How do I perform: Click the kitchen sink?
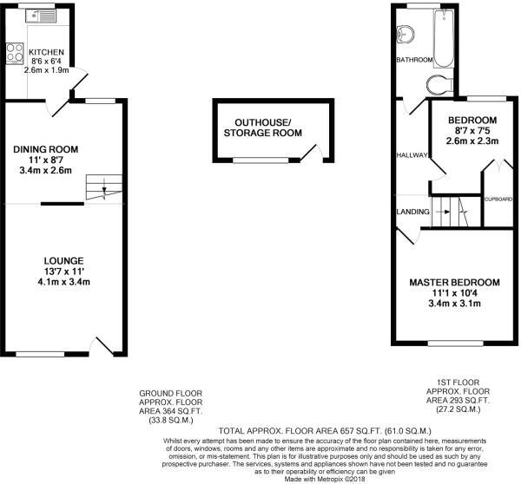(x=41, y=16)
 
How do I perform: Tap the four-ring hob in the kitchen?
(x=15, y=53)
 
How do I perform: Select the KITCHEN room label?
(x=46, y=52)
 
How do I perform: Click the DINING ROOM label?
(x=46, y=149)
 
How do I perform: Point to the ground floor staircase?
(x=104, y=187)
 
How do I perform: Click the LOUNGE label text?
(x=63, y=261)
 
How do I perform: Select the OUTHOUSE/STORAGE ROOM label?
(x=263, y=128)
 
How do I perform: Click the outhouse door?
(x=313, y=153)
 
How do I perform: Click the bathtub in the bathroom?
(x=443, y=38)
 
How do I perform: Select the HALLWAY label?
(x=412, y=155)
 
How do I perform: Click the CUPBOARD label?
(x=498, y=199)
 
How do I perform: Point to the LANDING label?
(x=413, y=212)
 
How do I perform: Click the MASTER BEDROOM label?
(x=454, y=283)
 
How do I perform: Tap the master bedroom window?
(x=455, y=343)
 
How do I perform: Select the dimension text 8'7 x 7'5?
(x=472, y=130)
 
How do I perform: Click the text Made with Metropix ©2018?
(x=324, y=479)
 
